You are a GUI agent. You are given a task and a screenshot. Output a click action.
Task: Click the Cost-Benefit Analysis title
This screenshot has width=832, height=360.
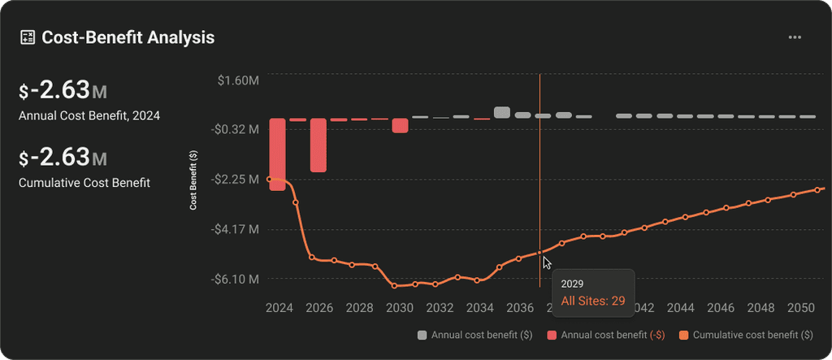pos(128,37)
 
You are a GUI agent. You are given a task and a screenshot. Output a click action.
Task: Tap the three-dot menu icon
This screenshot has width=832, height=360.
pos(795,37)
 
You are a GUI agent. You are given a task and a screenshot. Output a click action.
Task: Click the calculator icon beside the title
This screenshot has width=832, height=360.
pos(27,37)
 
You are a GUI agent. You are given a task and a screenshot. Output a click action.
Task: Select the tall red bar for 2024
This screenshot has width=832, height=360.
pos(277,154)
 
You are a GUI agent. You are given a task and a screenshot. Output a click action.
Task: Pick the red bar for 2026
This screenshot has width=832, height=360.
pos(318,145)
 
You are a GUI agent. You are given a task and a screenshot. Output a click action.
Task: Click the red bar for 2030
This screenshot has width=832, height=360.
pos(400,125)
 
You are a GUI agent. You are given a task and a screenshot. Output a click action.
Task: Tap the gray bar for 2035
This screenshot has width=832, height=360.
pos(502,113)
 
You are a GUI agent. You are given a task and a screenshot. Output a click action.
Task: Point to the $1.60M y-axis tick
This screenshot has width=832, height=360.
pos(238,80)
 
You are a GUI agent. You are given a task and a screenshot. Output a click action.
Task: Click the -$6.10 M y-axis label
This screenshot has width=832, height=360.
pos(236,279)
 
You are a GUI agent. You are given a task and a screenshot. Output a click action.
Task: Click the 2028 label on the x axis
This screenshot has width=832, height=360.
pos(359,309)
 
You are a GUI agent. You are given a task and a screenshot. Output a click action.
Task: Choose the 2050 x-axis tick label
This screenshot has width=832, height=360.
pos(801,309)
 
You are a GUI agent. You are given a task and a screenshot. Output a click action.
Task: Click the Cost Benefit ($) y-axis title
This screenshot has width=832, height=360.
pos(193,180)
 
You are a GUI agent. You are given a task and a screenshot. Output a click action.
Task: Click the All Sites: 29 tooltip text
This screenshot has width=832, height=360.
pos(592,301)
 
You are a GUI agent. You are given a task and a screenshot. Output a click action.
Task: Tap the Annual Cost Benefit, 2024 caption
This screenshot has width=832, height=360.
pos(89,115)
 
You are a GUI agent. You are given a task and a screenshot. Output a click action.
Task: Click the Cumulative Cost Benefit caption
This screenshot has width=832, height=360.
pos(84,183)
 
